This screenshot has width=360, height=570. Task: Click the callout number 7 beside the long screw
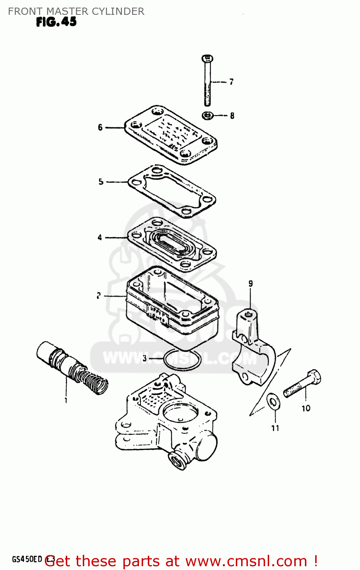click(x=231, y=82)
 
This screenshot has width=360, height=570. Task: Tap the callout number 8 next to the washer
click(x=232, y=116)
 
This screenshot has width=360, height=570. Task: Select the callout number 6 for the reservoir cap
click(x=100, y=127)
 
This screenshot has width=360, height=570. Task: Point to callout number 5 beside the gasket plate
click(x=101, y=182)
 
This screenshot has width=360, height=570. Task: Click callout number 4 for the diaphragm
click(x=100, y=237)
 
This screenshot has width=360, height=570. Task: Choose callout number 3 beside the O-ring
click(x=144, y=358)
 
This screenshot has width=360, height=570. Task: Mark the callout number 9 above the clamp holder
click(x=251, y=283)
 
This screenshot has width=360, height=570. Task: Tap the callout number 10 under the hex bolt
click(x=306, y=408)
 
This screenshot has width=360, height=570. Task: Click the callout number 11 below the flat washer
click(x=275, y=428)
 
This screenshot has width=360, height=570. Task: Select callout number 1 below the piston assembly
click(x=66, y=400)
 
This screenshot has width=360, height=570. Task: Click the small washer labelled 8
click(x=207, y=115)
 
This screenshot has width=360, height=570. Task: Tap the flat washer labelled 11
click(x=273, y=402)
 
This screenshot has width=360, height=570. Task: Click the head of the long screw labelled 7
click(x=207, y=59)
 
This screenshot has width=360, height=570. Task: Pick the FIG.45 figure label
click(x=57, y=22)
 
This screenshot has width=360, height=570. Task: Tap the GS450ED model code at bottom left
click(x=27, y=559)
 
